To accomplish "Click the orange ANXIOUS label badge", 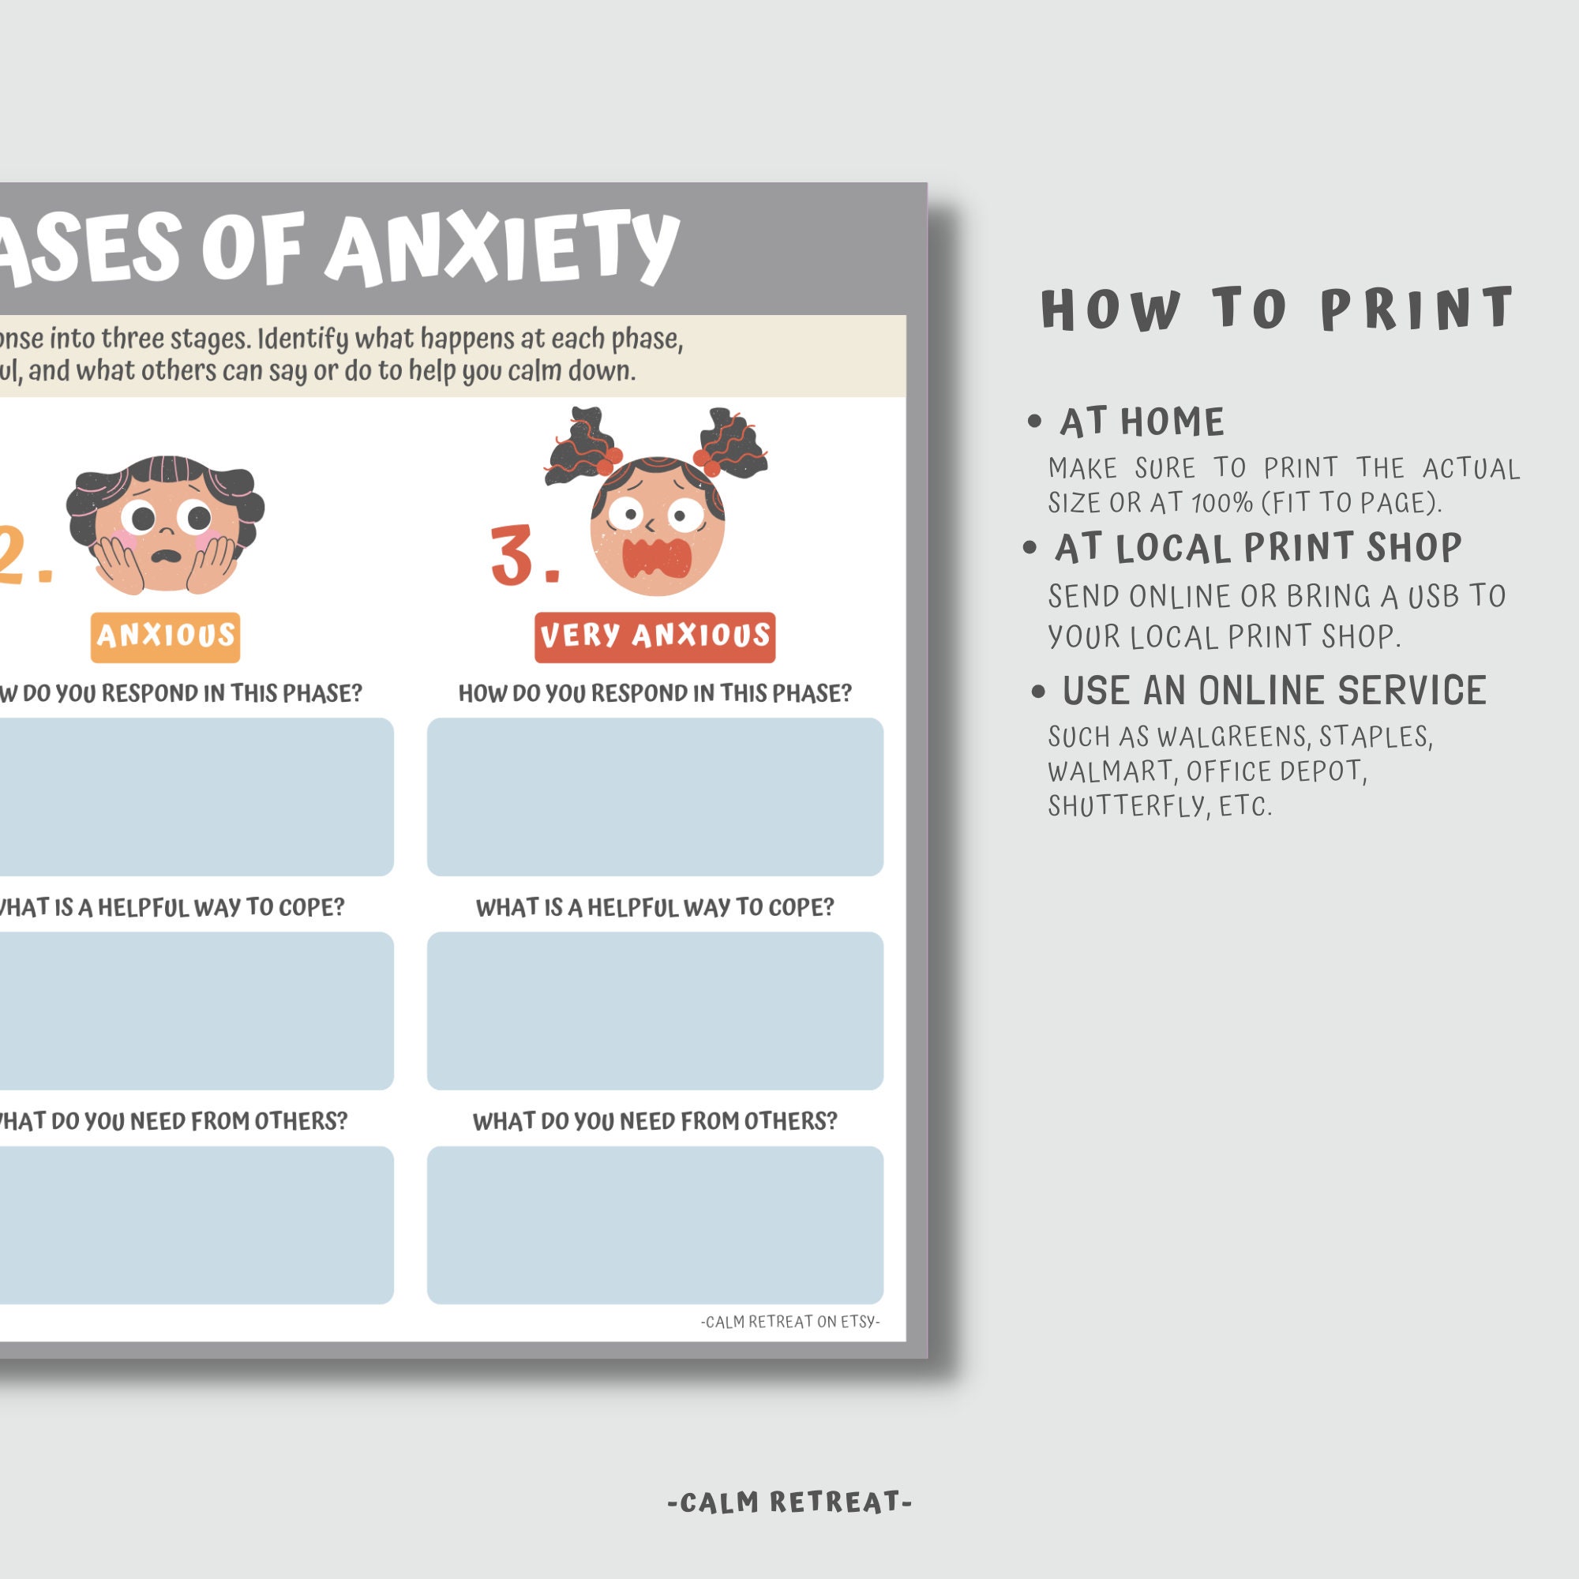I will pyautogui.click(x=165, y=636).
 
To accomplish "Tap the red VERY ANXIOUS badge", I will pyautogui.click(x=654, y=636).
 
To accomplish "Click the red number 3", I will pyautogui.click(x=513, y=556).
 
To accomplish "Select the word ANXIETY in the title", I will pyautogui.click(x=502, y=248).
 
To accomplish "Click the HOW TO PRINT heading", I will pyautogui.click(x=1277, y=309).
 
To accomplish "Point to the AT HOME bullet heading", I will pyautogui.click(x=1142, y=422).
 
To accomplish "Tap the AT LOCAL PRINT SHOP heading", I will pyautogui.click(x=1257, y=548).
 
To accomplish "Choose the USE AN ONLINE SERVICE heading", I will pyautogui.click(x=1273, y=691).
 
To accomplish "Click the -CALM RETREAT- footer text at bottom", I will pyautogui.click(x=789, y=1502).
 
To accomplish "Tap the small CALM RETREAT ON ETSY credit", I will pyautogui.click(x=790, y=1322).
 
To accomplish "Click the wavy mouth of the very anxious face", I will pyautogui.click(x=656, y=558).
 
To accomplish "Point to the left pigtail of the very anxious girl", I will pyautogui.click(x=581, y=445).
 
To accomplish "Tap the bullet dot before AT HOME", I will pyautogui.click(x=1035, y=422).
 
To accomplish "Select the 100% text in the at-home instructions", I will pyautogui.click(x=1222, y=503).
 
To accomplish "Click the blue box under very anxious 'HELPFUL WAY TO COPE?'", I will pyautogui.click(x=654, y=1011).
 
